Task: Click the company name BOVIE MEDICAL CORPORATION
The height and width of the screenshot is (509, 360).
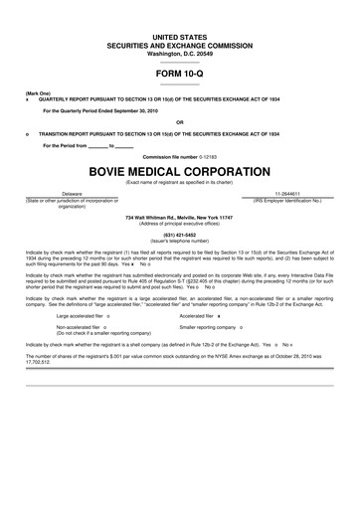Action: click(x=179, y=170)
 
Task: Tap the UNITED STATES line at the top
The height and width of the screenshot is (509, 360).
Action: click(x=180, y=35)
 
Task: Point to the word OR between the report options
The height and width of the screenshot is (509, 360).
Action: click(x=179, y=122)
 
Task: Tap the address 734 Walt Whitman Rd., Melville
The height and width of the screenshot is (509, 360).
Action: click(x=180, y=217)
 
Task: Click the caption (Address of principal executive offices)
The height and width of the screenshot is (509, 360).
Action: click(x=180, y=223)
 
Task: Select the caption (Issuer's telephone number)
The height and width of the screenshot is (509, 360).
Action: click(x=180, y=241)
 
